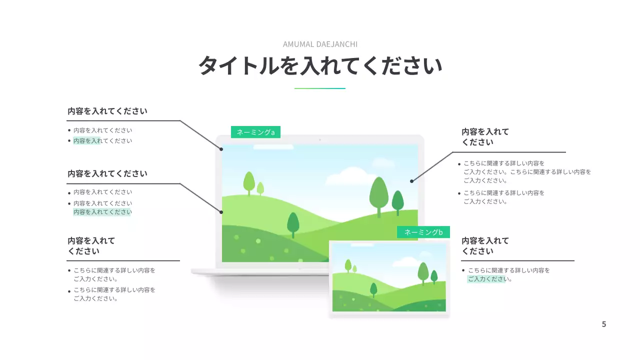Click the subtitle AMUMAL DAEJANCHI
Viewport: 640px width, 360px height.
(x=320, y=44)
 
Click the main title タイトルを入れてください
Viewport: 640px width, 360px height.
(x=320, y=66)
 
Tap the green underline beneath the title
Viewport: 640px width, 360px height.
(x=320, y=88)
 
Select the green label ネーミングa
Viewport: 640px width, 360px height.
(x=255, y=132)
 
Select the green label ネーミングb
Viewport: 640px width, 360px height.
(x=423, y=232)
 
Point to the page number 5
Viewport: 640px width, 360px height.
(x=603, y=324)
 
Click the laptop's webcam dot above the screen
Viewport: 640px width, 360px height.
(x=320, y=139)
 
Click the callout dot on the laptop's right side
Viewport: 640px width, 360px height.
(x=411, y=181)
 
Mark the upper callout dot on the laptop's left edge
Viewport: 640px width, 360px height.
(x=221, y=148)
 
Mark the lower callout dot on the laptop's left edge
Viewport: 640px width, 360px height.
(x=221, y=212)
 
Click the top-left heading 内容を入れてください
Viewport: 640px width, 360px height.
(x=107, y=111)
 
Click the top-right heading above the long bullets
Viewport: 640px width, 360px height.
(x=485, y=137)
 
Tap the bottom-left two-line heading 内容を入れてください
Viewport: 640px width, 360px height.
(x=91, y=245)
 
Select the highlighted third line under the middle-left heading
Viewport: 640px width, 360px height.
(x=102, y=212)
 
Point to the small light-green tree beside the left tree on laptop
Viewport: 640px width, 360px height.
(x=260, y=188)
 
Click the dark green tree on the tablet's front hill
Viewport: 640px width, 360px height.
(x=373, y=289)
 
